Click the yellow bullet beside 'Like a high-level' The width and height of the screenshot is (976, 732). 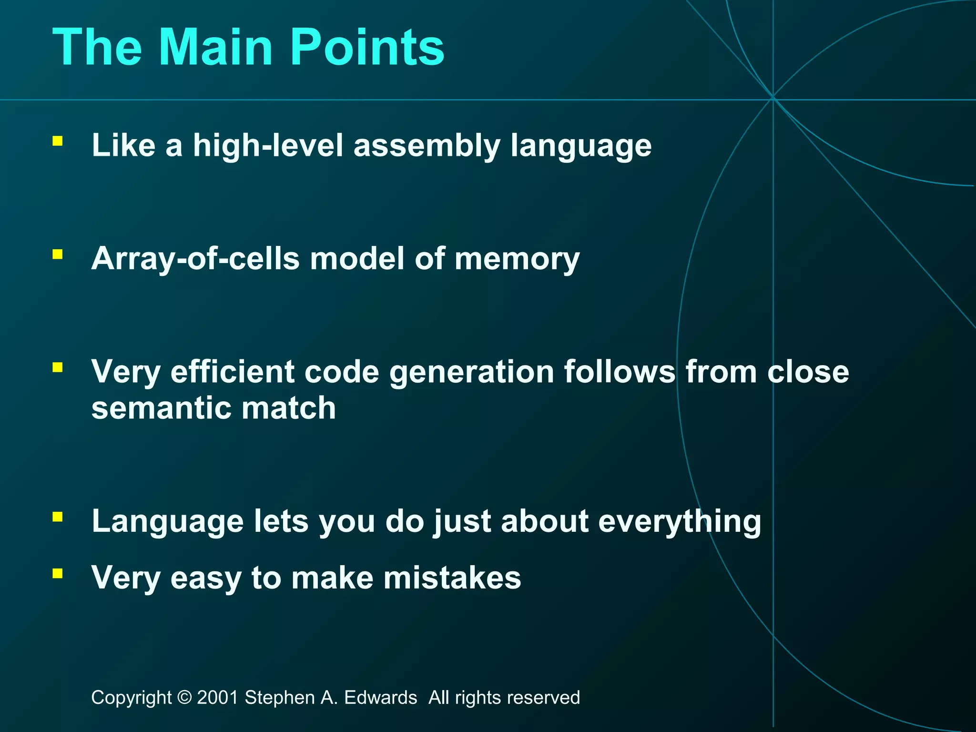click(x=58, y=141)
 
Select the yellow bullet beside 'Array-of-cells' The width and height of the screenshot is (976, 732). click(x=58, y=254)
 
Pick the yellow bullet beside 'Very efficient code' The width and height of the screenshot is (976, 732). click(x=58, y=367)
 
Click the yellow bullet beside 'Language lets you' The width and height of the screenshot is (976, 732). click(x=58, y=517)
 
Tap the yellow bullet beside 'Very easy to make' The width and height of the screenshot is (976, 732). click(x=58, y=573)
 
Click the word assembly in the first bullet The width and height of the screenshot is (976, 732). click(x=427, y=145)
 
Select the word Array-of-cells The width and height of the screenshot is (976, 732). click(x=195, y=259)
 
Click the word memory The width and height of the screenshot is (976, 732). click(x=517, y=260)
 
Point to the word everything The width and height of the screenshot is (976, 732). click(x=680, y=522)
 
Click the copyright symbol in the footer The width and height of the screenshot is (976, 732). click(x=184, y=698)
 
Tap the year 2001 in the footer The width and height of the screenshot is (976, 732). click(x=218, y=698)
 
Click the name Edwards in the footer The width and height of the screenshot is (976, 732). click(x=380, y=698)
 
